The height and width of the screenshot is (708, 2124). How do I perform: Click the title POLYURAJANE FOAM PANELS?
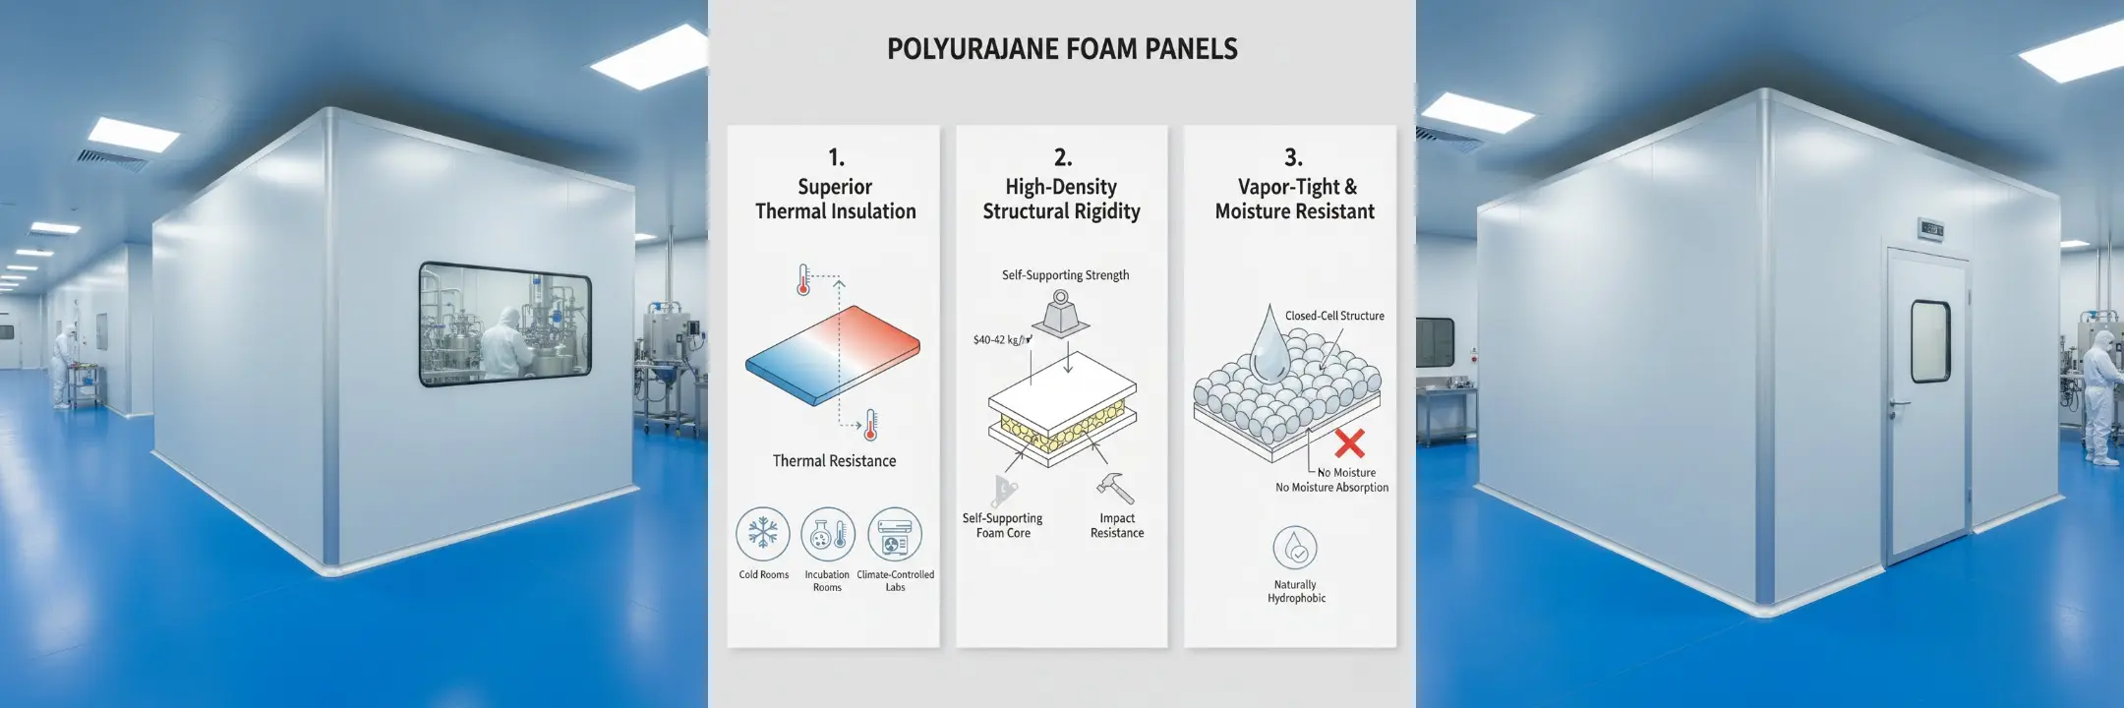pyautogui.click(x=1062, y=49)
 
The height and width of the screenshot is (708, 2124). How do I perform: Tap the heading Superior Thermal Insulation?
pyautogui.click(x=835, y=199)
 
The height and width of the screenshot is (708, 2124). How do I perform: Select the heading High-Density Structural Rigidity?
pyautogui.click(x=1061, y=199)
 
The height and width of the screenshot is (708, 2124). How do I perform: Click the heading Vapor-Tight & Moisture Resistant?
pyautogui.click(x=1294, y=199)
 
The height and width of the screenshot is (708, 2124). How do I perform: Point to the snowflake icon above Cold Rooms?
pyautogui.click(x=763, y=534)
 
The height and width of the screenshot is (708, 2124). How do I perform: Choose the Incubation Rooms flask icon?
pyautogui.click(x=828, y=534)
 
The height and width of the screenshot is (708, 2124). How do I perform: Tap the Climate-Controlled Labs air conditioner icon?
pyautogui.click(x=895, y=534)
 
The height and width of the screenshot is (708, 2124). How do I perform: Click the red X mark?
pyautogui.click(x=1349, y=442)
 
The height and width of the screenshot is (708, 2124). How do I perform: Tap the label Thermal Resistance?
pyautogui.click(x=834, y=461)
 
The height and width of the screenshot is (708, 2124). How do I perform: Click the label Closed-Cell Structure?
pyautogui.click(x=1334, y=316)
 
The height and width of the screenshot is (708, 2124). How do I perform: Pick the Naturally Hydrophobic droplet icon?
pyautogui.click(x=1295, y=548)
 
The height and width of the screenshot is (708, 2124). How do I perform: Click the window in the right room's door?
pyautogui.click(x=1930, y=340)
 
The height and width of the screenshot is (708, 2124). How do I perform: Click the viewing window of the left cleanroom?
pyautogui.click(x=505, y=323)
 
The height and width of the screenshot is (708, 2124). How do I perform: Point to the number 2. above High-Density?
pyautogui.click(x=1062, y=157)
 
